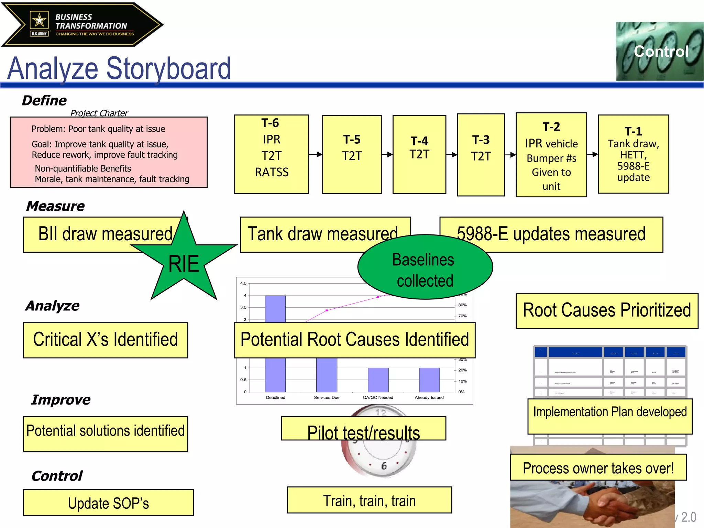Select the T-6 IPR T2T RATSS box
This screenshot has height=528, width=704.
point(271,154)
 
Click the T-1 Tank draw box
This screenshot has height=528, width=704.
point(633,154)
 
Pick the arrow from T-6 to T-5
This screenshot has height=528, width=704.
point(315,154)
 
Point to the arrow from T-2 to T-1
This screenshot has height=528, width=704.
point(592,154)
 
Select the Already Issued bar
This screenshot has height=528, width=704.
point(429,379)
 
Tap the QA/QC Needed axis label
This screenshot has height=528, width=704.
point(378,397)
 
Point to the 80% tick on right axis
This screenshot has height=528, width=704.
point(462,305)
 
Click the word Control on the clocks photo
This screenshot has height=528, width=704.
point(661,52)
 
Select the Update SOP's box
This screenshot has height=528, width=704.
point(108,502)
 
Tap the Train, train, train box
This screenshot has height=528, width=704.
point(369,500)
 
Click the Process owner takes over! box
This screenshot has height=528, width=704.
point(598,467)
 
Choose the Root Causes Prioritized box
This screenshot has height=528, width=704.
point(607,311)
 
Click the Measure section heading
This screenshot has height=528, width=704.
point(55,206)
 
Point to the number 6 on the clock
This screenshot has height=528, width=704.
point(384,466)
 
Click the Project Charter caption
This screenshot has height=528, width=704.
point(99,113)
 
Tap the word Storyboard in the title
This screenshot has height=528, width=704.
point(168,69)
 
